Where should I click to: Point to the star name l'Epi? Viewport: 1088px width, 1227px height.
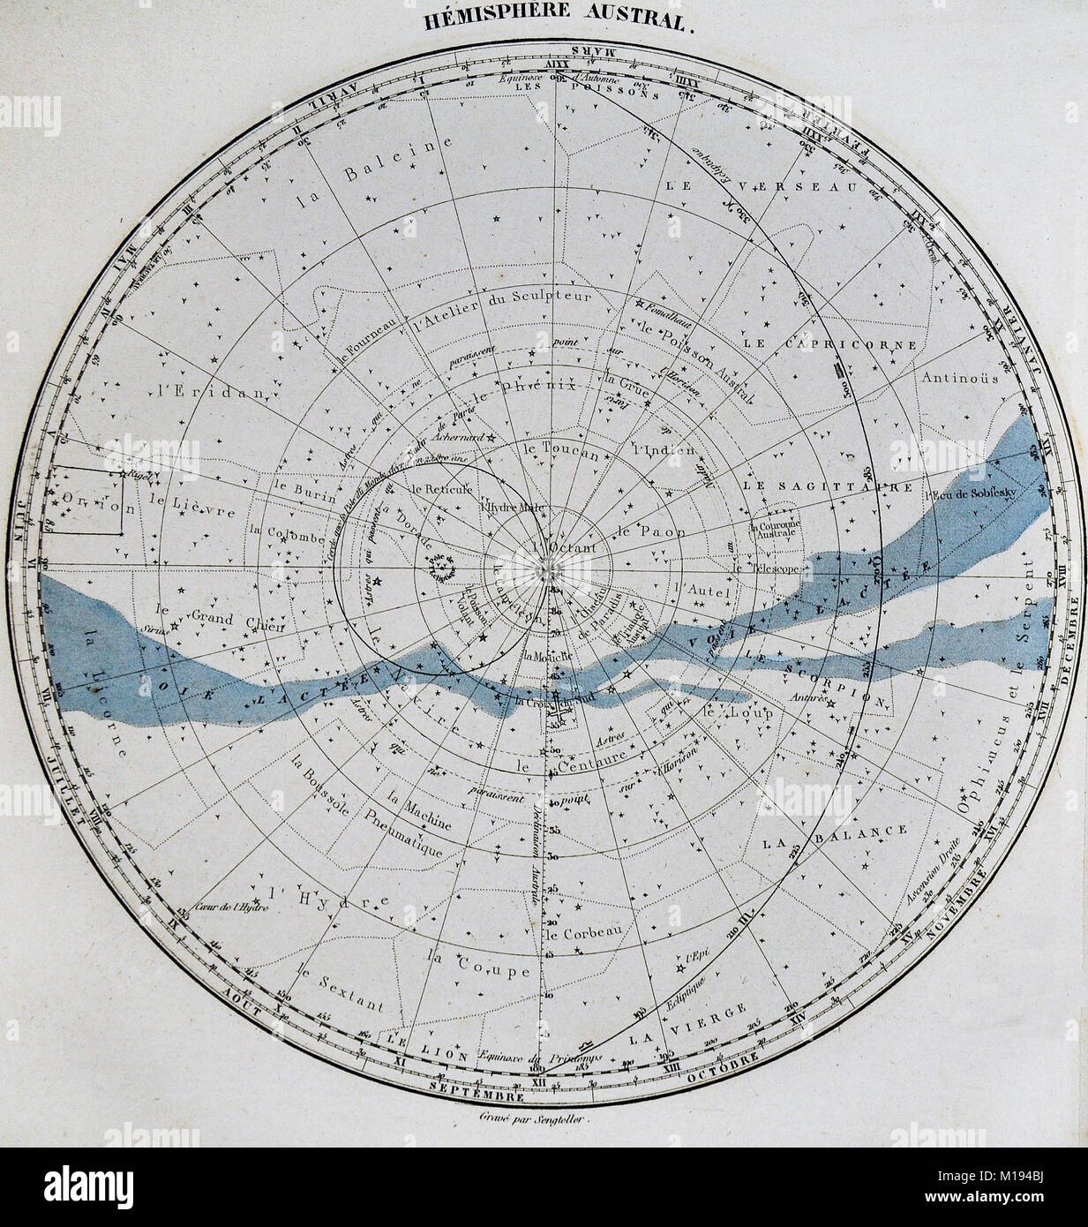[x=697, y=956]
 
